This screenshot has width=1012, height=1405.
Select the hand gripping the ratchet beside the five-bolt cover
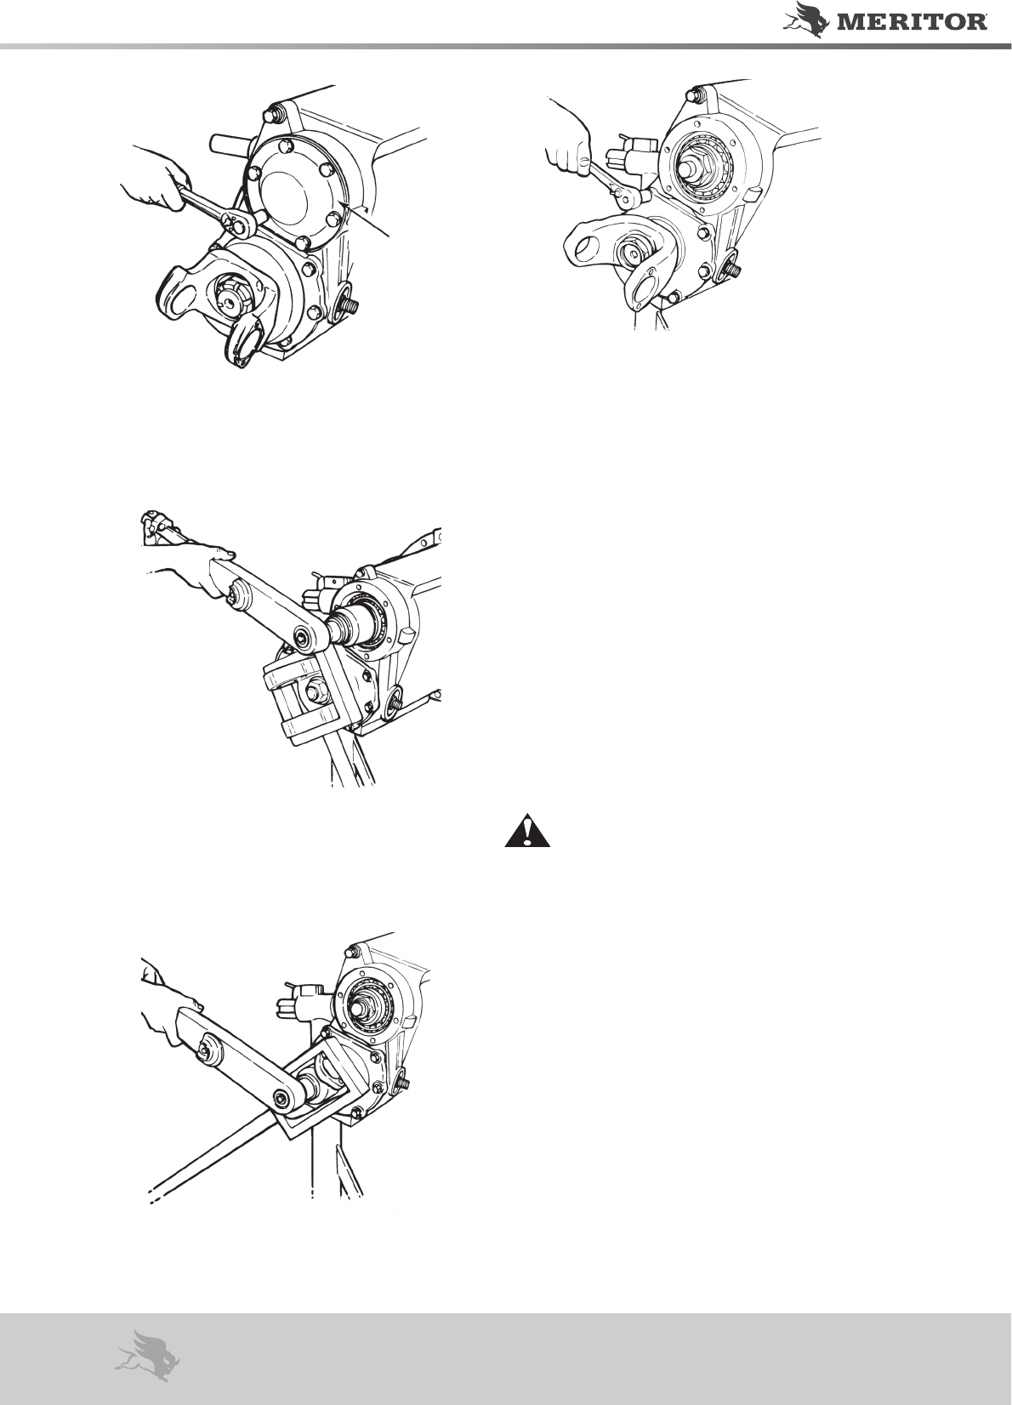click(155, 182)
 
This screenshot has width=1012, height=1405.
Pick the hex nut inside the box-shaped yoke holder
click(314, 693)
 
